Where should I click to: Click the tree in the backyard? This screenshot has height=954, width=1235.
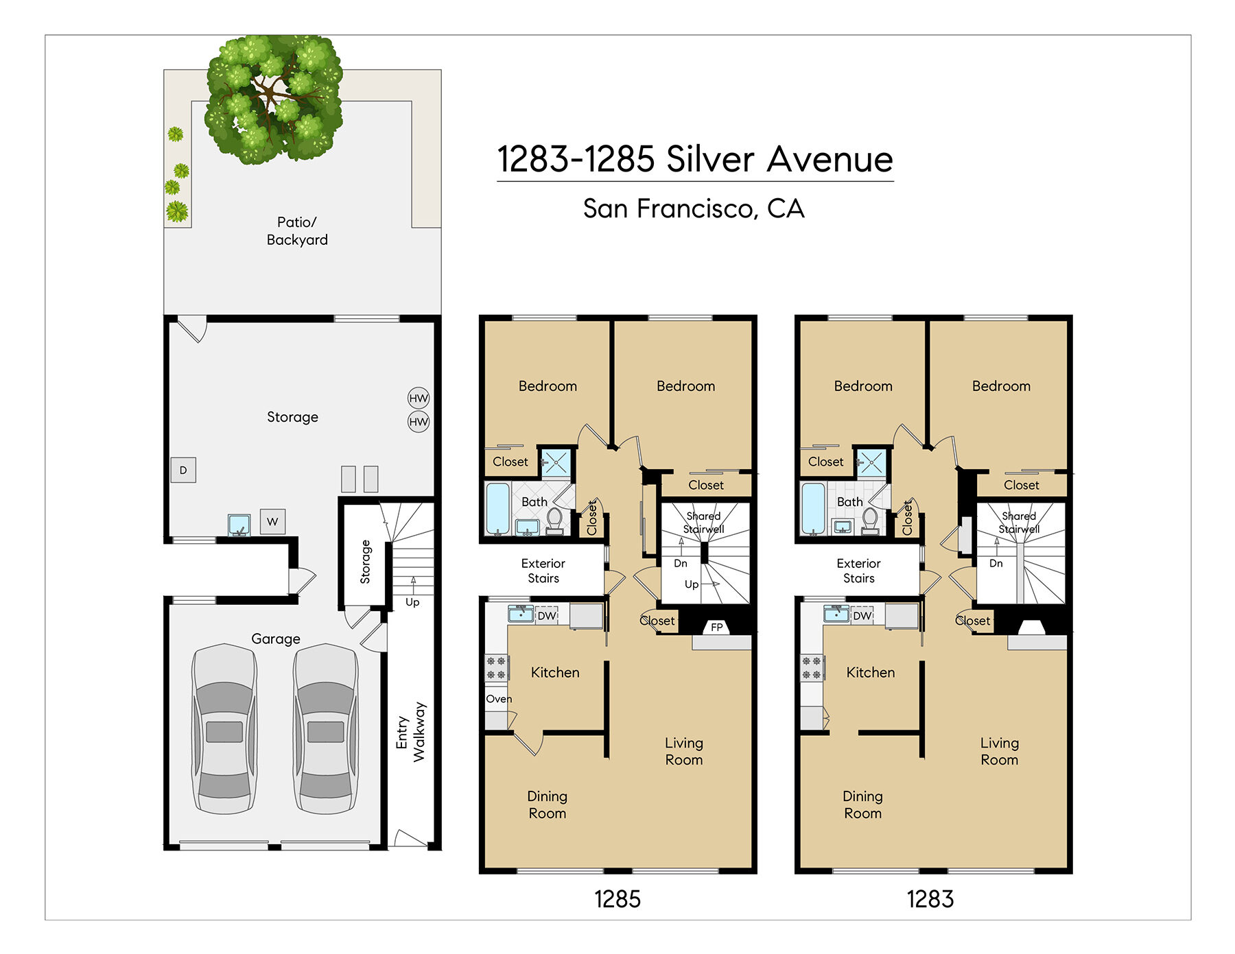click(x=274, y=99)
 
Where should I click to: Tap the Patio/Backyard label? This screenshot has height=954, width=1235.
click(x=297, y=231)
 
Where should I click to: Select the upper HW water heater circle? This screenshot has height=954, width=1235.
click(x=419, y=398)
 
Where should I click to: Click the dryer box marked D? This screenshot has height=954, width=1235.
click(x=183, y=470)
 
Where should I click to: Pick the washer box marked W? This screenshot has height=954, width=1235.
click(x=272, y=521)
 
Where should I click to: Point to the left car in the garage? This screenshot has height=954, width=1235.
click(x=224, y=728)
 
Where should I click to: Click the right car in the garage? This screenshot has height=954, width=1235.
click(x=326, y=728)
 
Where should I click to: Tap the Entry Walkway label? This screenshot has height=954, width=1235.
click(x=411, y=732)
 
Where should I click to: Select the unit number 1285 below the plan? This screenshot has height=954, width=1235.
click(x=617, y=899)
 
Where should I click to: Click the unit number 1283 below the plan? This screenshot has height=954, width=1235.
click(x=930, y=899)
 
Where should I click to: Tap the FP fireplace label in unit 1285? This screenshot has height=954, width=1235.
click(x=717, y=627)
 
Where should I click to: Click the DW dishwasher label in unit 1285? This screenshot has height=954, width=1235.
click(x=547, y=616)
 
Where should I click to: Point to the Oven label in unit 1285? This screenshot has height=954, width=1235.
click(x=499, y=699)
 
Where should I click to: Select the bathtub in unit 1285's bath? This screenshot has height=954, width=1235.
click(x=497, y=509)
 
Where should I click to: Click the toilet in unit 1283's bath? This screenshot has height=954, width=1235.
click(x=870, y=521)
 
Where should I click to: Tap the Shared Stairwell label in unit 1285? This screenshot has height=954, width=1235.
click(x=703, y=523)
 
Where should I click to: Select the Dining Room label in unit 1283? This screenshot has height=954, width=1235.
click(x=862, y=804)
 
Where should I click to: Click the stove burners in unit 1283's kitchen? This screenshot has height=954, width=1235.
click(x=812, y=668)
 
